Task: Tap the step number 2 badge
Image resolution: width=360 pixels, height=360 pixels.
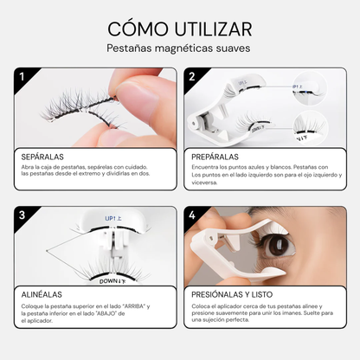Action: (192, 78)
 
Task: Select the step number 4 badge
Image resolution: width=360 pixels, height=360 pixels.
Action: (192, 215)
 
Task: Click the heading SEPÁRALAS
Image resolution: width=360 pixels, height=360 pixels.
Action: (43, 157)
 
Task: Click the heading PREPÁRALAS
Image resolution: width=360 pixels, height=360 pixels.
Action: (215, 157)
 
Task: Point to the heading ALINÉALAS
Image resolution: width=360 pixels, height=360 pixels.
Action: (42, 294)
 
